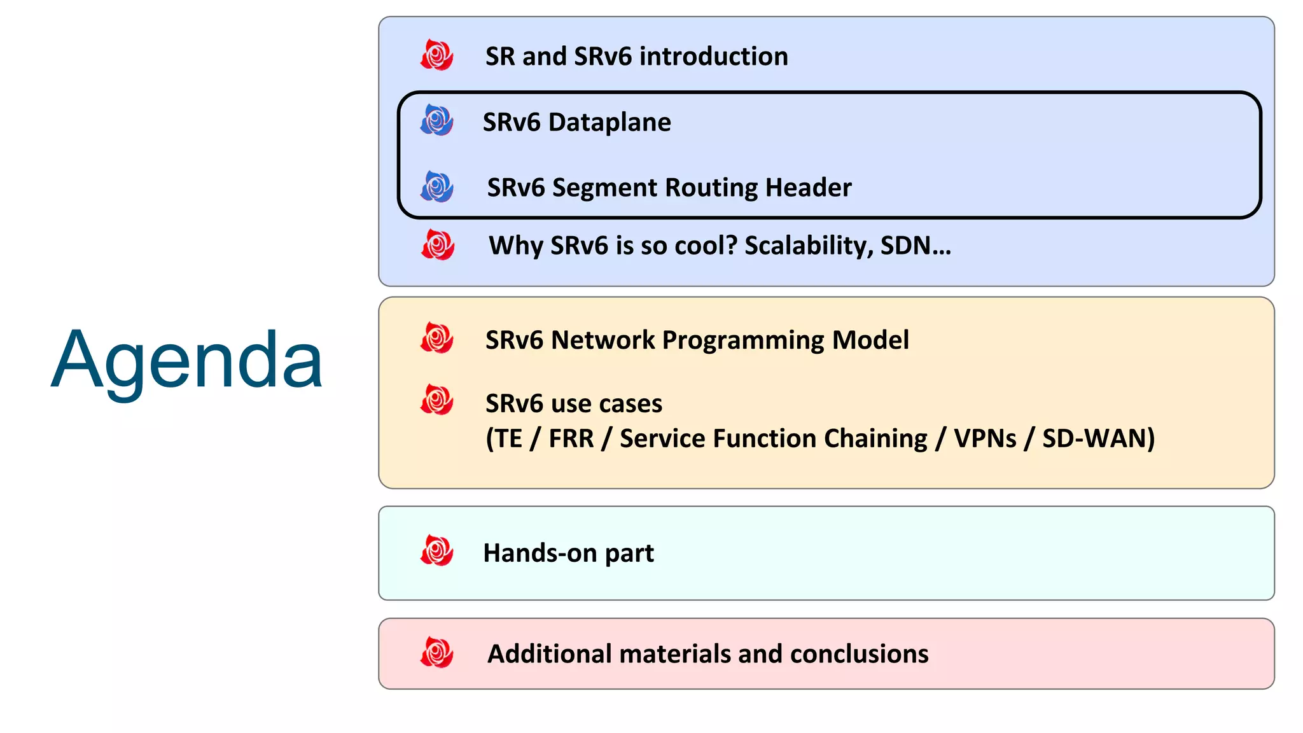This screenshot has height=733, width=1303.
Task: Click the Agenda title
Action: tap(187, 360)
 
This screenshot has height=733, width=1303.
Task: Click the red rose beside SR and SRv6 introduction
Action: tap(437, 55)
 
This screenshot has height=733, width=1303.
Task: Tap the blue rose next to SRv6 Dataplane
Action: tap(437, 120)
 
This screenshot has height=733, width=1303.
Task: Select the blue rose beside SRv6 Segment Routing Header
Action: tap(437, 186)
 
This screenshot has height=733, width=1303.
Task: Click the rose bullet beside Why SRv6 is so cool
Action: tap(438, 245)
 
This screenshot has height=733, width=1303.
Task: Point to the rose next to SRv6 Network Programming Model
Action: tap(437, 338)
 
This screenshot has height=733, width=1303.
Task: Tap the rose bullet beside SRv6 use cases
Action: tap(437, 400)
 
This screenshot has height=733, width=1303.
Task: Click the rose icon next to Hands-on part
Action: tap(437, 551)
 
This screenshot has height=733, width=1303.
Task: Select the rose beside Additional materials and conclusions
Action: tap(437, 653)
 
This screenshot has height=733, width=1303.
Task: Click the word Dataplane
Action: tap(609, 122)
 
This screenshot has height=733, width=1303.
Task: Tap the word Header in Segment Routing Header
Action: tap(808, 188)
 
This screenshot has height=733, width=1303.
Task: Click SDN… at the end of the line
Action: tap(916, 246)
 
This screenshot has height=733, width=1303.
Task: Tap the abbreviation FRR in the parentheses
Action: tap(571, 438)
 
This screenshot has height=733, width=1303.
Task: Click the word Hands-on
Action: tap(540, 553)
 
